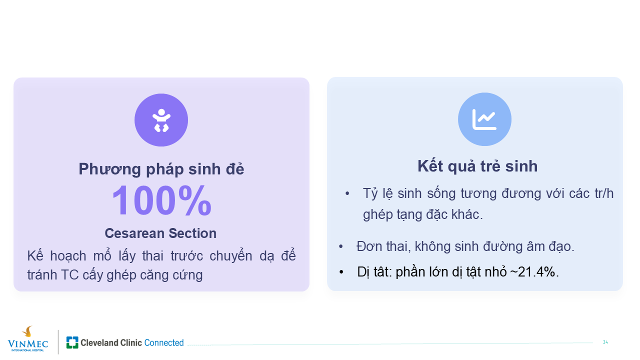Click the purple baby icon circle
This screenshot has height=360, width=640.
(161, 120)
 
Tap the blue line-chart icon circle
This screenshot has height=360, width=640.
(484, 119)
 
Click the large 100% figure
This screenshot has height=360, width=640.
(161, 200)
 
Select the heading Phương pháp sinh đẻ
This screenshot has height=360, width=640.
(161, 169)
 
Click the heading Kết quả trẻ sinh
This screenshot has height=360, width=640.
(477, 166)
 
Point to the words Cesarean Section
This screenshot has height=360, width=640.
(160, 233)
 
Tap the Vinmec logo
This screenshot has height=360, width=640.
(27, 339)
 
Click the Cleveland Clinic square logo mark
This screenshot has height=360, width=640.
(72, 342)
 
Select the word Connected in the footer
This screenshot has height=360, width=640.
(164, 342)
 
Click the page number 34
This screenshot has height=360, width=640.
(605, 342)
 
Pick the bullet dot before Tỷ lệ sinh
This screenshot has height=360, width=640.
(347, 193)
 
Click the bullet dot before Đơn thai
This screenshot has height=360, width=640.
(340, 246)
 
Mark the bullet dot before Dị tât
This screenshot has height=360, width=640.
(341, 272)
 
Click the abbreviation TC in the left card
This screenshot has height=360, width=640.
(69, 275)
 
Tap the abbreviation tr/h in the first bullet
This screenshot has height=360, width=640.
(604, 193)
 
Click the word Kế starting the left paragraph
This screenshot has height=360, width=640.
(35, 255)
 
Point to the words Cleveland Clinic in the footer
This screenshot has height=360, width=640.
(111, 342)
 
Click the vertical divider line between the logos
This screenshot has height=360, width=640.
(58, 342)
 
